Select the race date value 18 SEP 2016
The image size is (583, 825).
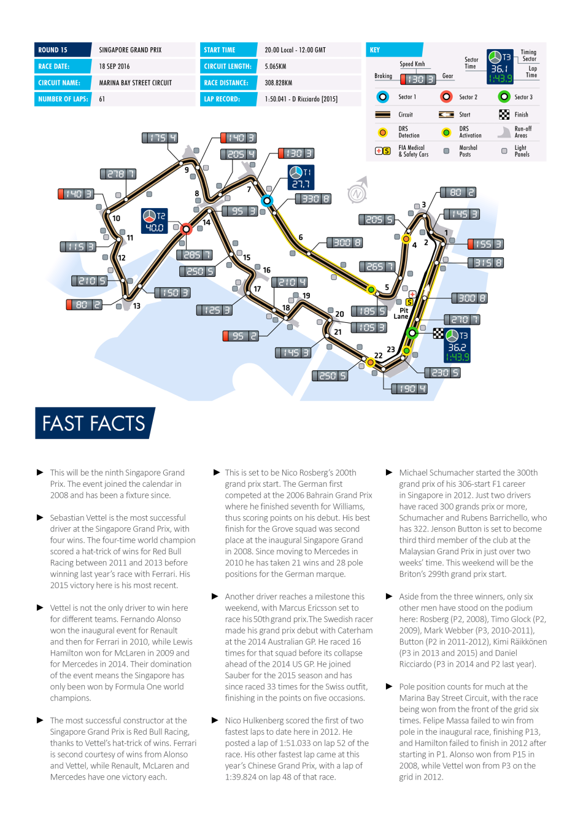(114, 66)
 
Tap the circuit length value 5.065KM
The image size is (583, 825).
(276, 66)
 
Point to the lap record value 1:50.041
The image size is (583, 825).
(301, 99)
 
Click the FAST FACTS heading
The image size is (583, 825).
(94, 424)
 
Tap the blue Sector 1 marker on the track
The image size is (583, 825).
(266, 201)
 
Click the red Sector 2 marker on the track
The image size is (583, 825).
(186, 228)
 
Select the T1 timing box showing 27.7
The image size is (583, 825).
(301, 177)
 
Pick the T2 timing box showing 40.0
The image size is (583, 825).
(154, 222)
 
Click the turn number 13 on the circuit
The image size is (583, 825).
(137, 306)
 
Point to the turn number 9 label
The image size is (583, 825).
(187, 170)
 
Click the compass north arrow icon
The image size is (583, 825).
(358, 192)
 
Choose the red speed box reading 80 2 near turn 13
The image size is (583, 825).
(84, 304)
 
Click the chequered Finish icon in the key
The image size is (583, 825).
(504, 114)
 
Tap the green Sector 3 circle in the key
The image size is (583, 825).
(504, 96)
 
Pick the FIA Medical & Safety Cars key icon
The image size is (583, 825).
(383, 150)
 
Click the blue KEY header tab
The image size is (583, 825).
(395, 50)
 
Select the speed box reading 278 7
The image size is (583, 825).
(118, 174)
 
